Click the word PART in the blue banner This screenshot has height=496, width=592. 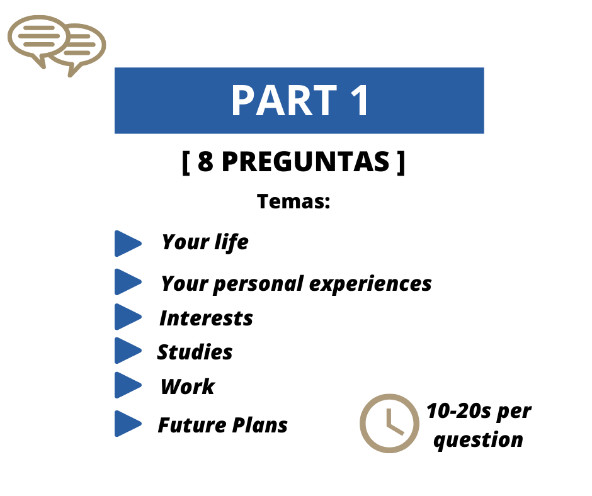click(x=284, y=101)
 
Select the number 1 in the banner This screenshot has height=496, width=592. click(x=360, y=101)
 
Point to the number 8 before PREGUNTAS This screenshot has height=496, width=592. click(x=205, y=162)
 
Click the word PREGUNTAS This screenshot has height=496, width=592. click(x=305, y=162)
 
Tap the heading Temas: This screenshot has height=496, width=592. click(x=293, y=201)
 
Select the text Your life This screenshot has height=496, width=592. click(x=205, y=242)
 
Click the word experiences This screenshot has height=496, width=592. click(x=370, y=284)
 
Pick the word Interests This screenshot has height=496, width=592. click(x=206, y=318)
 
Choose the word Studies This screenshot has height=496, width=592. click(x=195, y=352)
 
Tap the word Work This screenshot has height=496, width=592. click(x=188, y=386)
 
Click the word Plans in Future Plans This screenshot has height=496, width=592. click(x=259, y=425)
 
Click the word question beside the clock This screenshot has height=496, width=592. click(x=479, y=440)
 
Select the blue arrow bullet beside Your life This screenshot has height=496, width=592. click(x=128, y=244)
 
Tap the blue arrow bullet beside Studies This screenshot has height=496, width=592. click(x=128, y=351)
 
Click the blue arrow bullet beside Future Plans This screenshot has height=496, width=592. click(x=128, y=424)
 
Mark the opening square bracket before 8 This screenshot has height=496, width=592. click(x=186, y=162)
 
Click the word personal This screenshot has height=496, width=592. click(x=259, y=284)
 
